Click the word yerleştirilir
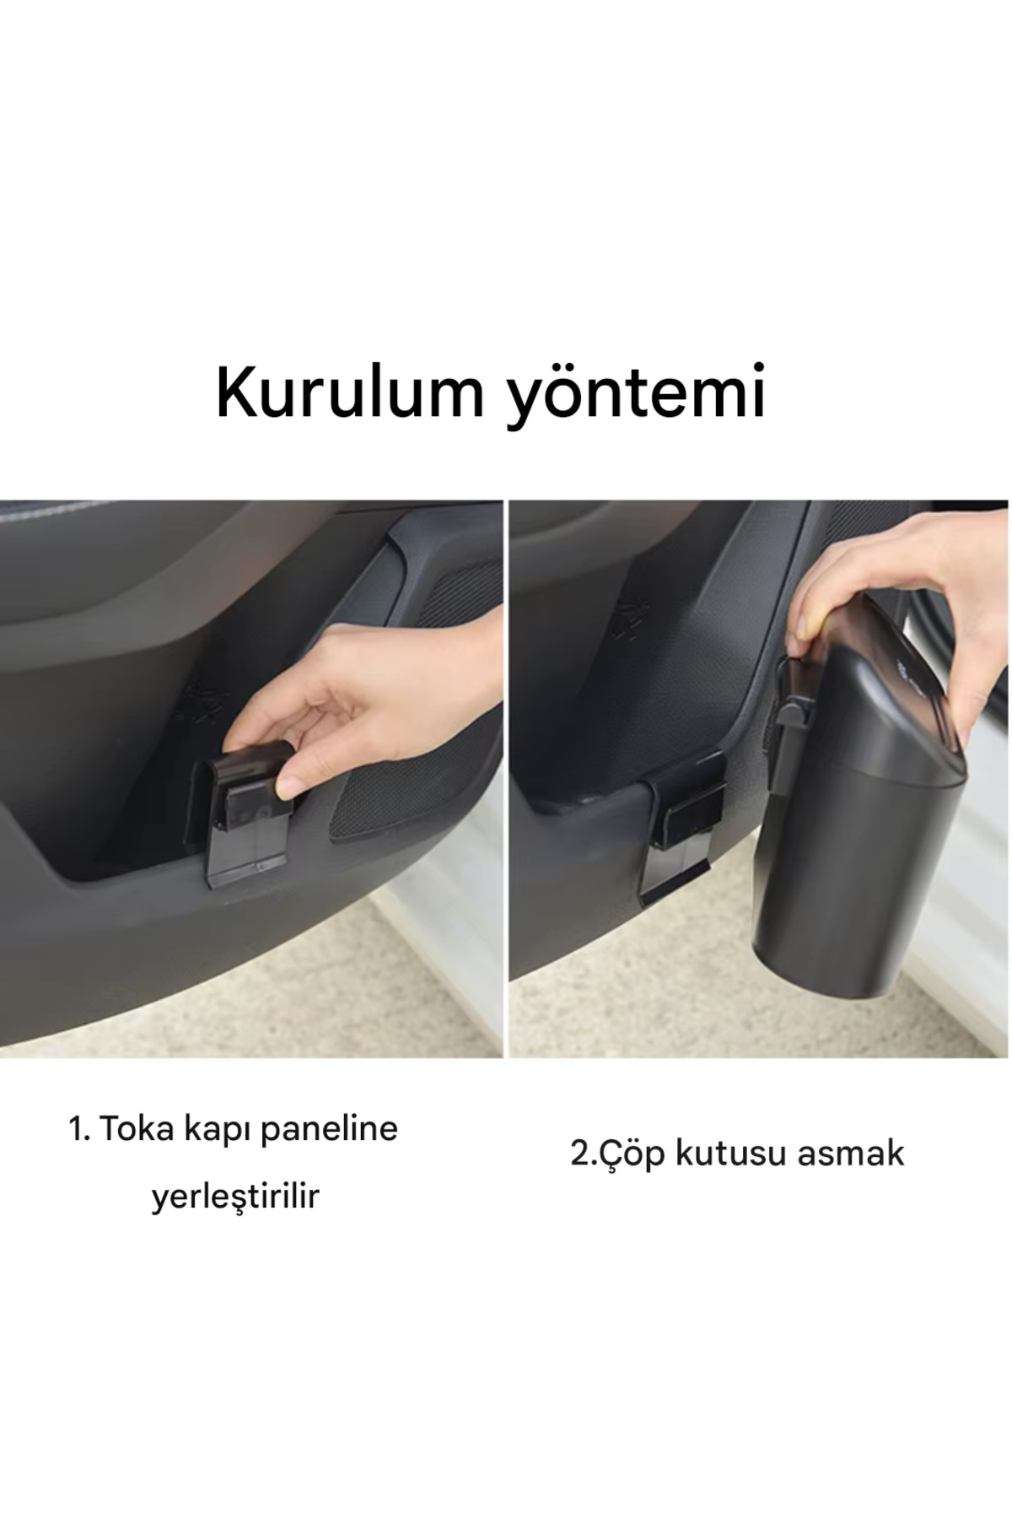(x=235, y=1196)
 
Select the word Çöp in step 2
(x=627, y=1153)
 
